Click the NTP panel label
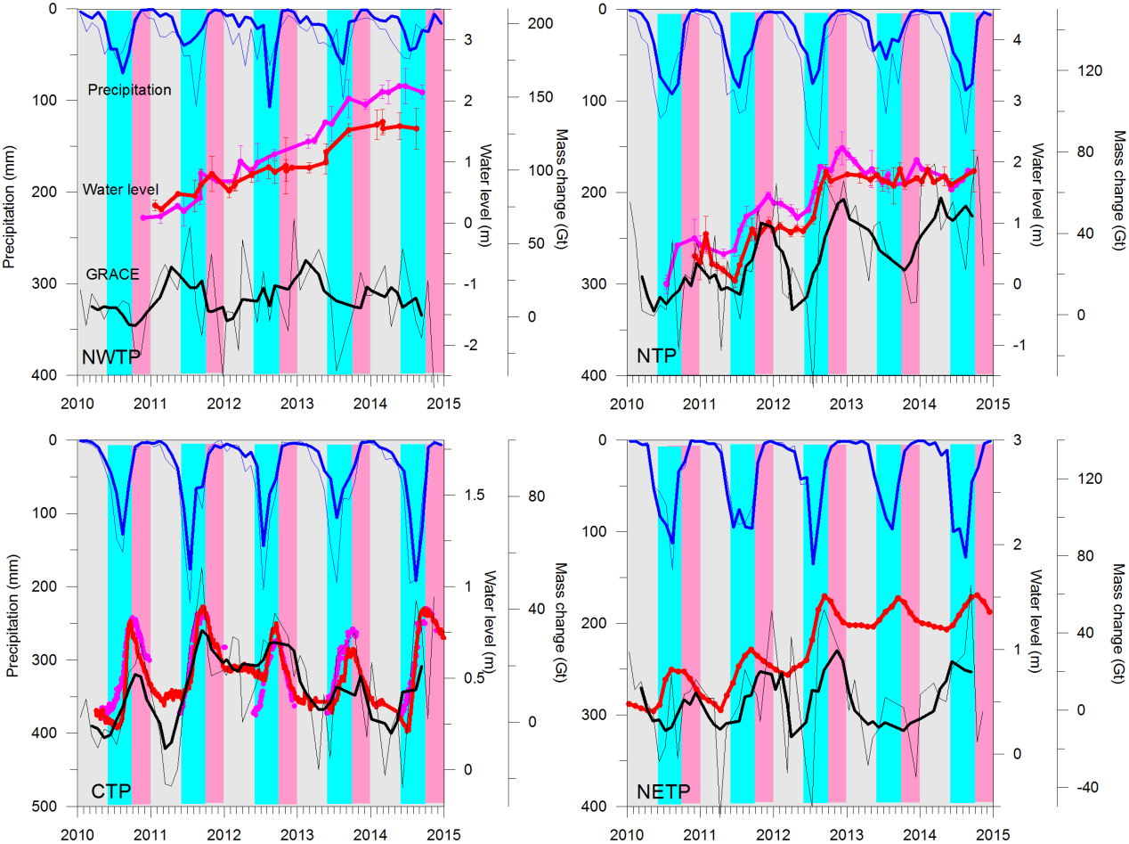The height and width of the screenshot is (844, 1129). [x=657, y=358]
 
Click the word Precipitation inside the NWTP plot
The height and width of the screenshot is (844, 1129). [x=129, y=89]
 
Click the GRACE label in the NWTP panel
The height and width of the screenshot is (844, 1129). [x=112, y=274]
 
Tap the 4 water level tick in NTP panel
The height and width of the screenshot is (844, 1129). [x=1018, y=39]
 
